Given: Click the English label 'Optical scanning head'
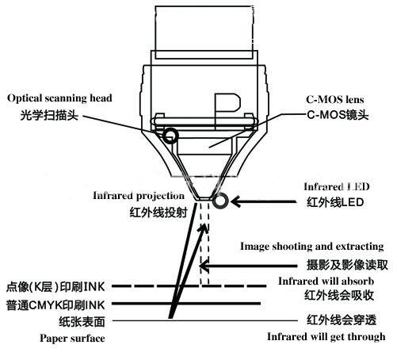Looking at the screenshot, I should pyautogui.click(x=59, y=98).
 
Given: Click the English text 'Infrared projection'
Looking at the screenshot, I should pyautogui.click(x=139, y=195).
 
